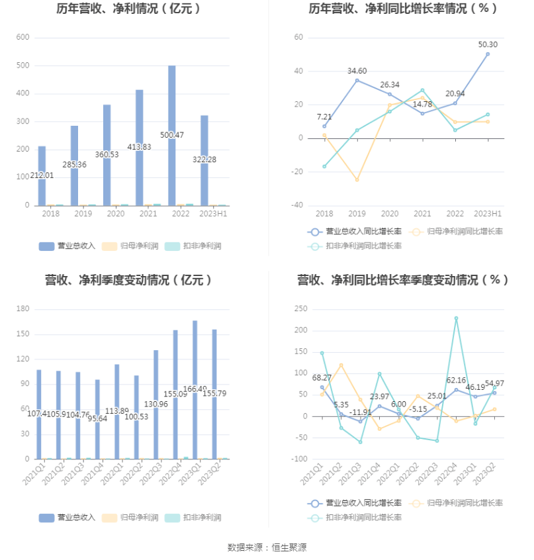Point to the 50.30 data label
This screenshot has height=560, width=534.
click(x=488, y=44)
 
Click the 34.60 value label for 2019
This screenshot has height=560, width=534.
click(x=357, y=71)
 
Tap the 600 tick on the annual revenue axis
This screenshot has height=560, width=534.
click(x=22, y=38)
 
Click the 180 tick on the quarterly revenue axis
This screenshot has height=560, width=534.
click(x=22, y=309)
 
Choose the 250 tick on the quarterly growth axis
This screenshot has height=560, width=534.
click(x=301, y=309)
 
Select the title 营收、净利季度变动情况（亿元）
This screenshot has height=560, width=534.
click(x=128, y=280)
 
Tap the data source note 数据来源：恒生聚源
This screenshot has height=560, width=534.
click(x=267, y=547)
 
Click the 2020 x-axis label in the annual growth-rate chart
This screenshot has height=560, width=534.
click(x=390, y=214)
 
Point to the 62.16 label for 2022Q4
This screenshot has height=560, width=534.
click(x=456, y=381)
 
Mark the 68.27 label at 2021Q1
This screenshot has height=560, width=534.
click(x=322, y=378)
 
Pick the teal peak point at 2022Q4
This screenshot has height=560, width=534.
click(x=456, y=318)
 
